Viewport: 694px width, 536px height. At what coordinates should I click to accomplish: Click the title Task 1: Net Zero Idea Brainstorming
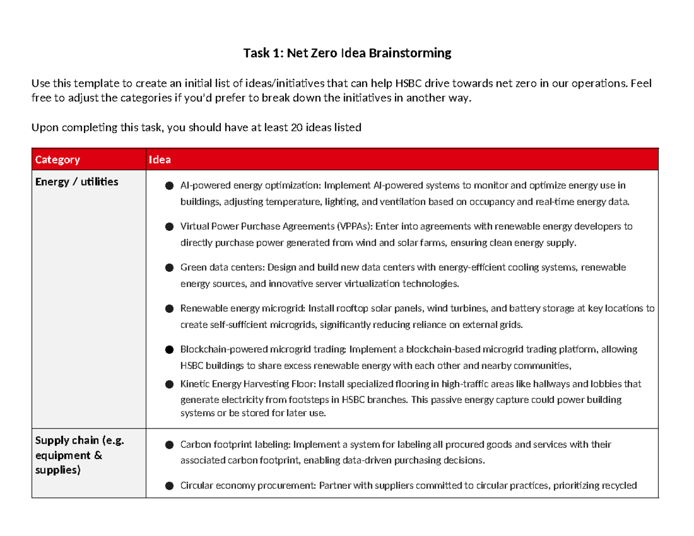346,54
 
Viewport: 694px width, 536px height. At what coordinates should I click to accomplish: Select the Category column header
57,160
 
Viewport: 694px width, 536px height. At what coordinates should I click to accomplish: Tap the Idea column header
160,160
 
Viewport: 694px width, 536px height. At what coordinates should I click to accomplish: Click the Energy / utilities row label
77,182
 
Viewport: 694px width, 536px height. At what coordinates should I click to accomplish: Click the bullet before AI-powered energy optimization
169,186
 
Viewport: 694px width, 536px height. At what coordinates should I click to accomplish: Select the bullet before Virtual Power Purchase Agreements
169,227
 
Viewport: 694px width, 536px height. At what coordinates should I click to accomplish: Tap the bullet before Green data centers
169,268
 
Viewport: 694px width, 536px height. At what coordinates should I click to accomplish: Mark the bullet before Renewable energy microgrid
169,309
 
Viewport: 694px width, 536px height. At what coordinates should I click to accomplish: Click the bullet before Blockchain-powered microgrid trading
169,350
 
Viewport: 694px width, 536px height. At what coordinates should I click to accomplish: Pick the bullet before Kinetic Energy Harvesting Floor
169,385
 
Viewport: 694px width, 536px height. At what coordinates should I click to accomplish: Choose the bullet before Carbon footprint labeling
169,445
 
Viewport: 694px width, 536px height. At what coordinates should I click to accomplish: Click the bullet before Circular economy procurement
169,486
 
